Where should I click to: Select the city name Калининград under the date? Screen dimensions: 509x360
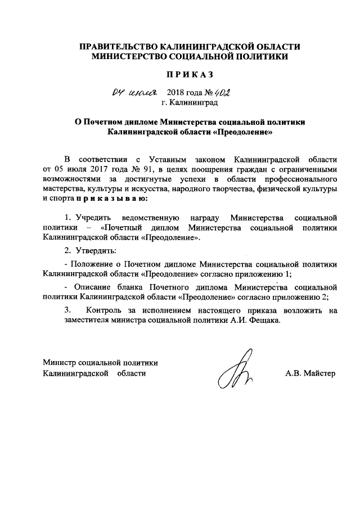tap(194, 103)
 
